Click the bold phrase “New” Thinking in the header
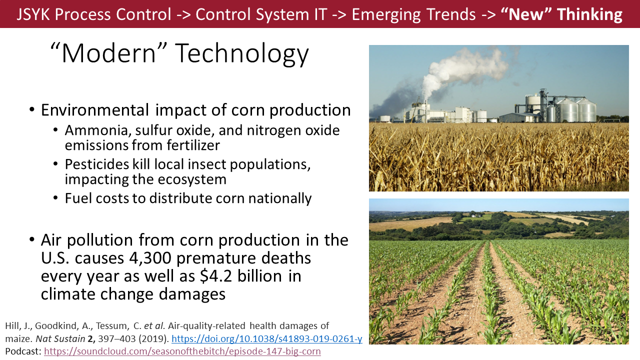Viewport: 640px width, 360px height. coord(561,14)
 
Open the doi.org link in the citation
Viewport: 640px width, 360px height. coord(267,338)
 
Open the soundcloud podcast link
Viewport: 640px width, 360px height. coord(182,351)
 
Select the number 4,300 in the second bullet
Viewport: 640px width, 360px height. coord(150,258)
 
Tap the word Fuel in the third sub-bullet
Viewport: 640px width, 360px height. coord(78,198)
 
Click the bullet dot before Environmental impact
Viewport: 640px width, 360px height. coord(32,109)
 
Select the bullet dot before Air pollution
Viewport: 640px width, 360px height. coord(32,239)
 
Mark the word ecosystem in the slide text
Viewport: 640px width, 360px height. coord(192,179)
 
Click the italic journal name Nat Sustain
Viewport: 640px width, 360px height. coord(60,338)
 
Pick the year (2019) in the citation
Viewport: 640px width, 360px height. coord(153,338)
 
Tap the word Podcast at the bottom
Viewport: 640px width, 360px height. coord(23,351)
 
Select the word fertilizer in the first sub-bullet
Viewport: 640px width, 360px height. coord(193,145)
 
